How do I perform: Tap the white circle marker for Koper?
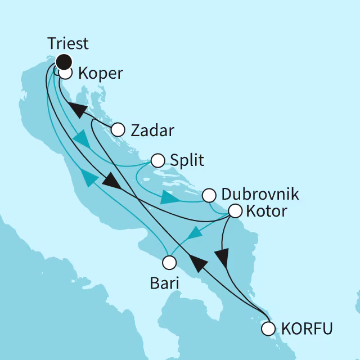pyautogui.click(x=65, y=73)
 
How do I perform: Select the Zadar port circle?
pyautogui.click(x=118, y=130)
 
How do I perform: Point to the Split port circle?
pyautogui.click(x=158, y=161)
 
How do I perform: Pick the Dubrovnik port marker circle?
pyautogui.click(x=209, y=196)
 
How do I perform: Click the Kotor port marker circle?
pyautogui.click(x=235, y=211)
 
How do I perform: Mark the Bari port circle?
pyautogui.click(x=169, y=262)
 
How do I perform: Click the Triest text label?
pyautogui.click(x=67, y=44)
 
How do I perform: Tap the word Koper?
pyautogui.click(x=101, y=74)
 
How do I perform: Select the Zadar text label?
pyautogui.click(x=152, y=130)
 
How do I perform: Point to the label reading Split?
pyautogui.click(x=188, y=161)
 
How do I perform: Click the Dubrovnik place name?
pyautogui.click(x=260, y=195)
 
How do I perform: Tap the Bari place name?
pyautogui.click(x=165, y=283)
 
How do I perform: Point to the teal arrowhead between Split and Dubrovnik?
pyautogui.click(x=168, y=198)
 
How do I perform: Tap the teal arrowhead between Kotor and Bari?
pyautogui.click(x=194, y=232)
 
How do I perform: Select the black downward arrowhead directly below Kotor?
pyautogui.click(x=223, y=257)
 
